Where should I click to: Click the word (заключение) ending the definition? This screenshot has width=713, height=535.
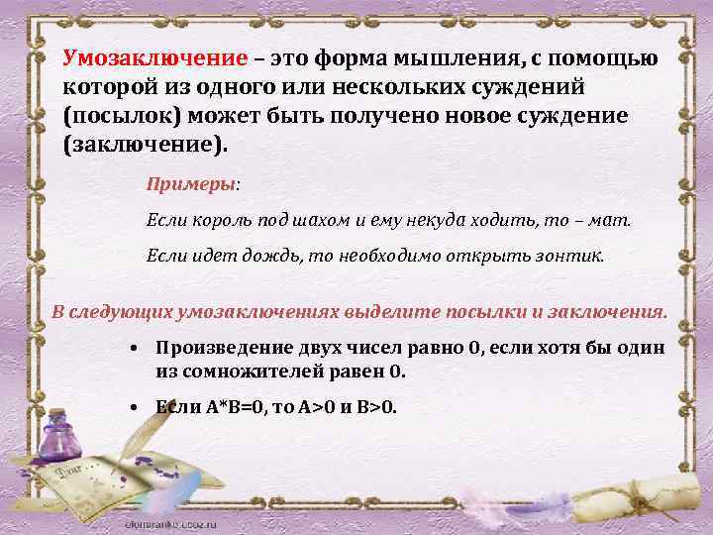pos(145,143)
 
